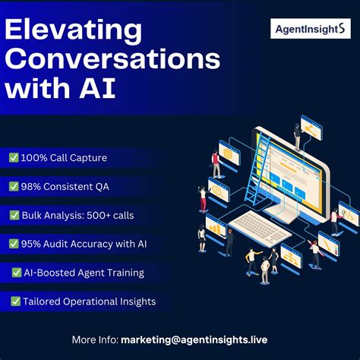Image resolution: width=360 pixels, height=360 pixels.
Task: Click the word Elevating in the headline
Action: (74, 32)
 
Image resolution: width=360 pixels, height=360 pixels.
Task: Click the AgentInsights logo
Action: (308, 30)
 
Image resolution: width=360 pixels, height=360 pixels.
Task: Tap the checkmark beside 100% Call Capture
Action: (14, 158)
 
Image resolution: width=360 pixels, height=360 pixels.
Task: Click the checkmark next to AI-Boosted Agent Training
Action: (16, 272)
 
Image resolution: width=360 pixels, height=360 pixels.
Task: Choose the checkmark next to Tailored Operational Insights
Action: (16, 302)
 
